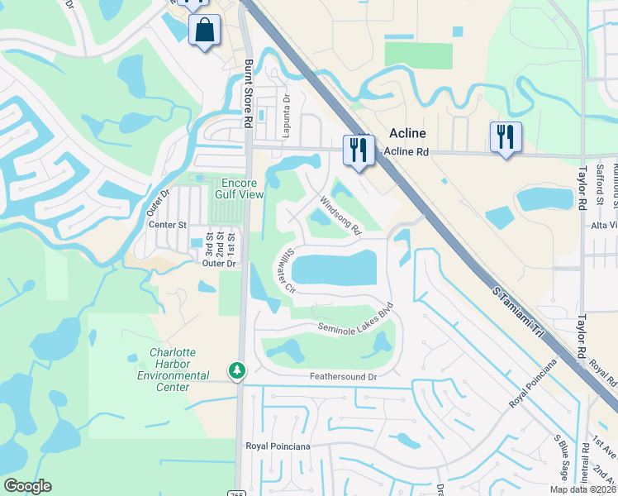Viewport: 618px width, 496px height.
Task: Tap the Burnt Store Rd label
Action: pyautogui.click(x=247, y=92)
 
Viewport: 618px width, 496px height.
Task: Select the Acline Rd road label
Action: pyautogui.click(x=407, y=152)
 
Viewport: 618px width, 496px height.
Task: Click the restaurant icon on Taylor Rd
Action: pyautogui.click(x=505, y=136)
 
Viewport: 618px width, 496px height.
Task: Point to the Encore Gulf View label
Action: pyautogui.click(x=239, y=188)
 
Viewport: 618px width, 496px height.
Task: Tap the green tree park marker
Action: pyautogui.click(x=237, y=370)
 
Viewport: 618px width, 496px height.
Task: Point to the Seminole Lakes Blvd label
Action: pyautogui.click(x=355, y=319)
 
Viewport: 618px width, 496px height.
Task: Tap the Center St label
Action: pyautogui.click(x=168, y=224)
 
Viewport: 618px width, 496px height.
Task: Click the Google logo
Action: pyautogui.click(x=27, y=486)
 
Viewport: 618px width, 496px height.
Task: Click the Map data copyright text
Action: pyautogui.click(x=582, y=489)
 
